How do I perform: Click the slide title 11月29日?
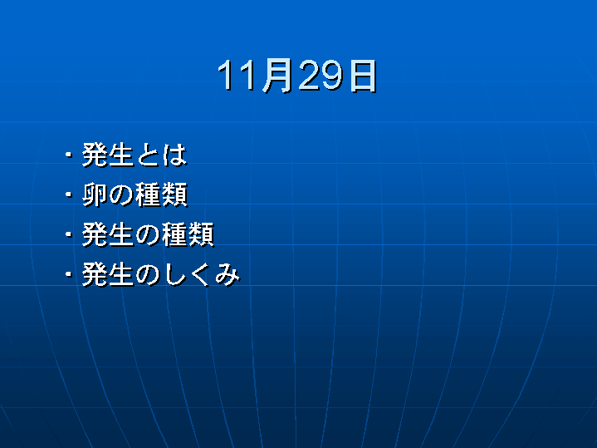point(297,76)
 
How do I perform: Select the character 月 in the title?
point(278,76)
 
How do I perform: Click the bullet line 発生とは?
point(135,155)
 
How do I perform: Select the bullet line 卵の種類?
point(135,194)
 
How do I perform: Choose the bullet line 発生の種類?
point(148,234)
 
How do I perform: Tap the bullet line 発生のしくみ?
point(161,274)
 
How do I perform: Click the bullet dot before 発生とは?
point(69,155)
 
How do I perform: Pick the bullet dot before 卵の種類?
point(69,194)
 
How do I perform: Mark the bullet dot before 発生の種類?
point(69,234)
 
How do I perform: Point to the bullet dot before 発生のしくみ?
point(69,273)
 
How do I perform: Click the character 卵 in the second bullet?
point(95,194)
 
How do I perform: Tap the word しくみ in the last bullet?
point(202,274)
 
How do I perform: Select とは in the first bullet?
point(161,155)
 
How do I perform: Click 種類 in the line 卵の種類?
point(161,194)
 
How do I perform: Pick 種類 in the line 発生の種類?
point(188,234)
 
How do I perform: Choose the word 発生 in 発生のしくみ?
point(107,274)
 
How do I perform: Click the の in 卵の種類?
point(121,195)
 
